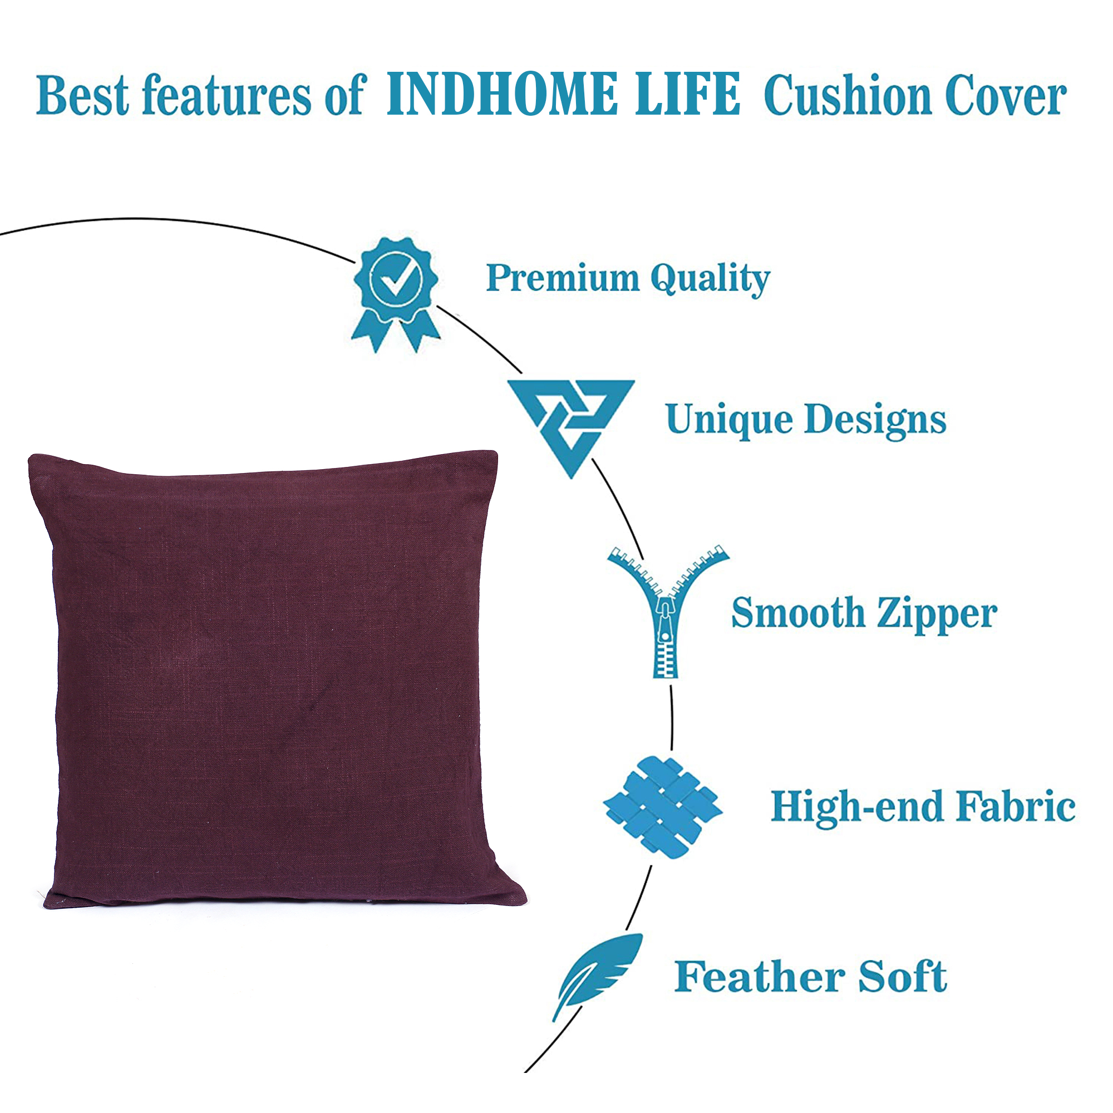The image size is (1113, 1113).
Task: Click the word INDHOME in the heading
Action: coord(502,94)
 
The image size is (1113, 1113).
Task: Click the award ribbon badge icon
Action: coord(396,295)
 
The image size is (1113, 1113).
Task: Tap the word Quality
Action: coord(710,280)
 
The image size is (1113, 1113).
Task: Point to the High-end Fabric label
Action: coord(923,807)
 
